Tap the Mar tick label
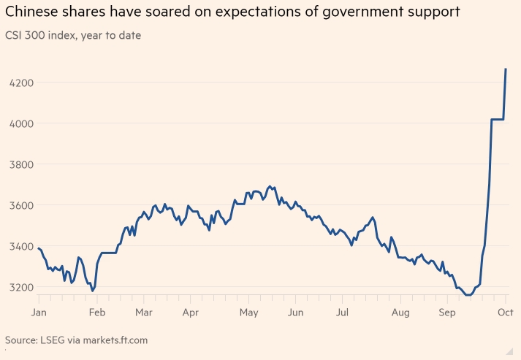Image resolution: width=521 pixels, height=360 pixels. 143,313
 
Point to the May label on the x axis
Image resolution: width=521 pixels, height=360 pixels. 248,313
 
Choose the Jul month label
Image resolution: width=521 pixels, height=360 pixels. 342,313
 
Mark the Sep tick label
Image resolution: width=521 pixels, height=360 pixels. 447,313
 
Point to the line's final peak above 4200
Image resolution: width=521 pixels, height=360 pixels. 506,69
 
